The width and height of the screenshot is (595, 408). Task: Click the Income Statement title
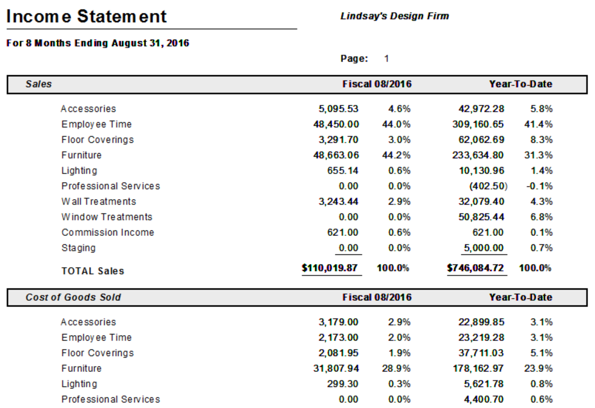coord(87,16)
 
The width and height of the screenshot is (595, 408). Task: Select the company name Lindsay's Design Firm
coord(395,16)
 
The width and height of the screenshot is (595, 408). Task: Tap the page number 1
coord(386,59)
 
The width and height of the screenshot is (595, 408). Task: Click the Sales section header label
coord(39,84)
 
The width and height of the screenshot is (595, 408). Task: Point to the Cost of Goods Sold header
coord(73,297)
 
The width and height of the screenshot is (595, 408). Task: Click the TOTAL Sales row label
coord(93,271)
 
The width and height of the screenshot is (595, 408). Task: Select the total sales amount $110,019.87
coord(330,268)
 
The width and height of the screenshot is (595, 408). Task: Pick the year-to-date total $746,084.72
coord(476,268)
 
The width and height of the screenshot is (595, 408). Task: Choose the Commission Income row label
coord(108,232)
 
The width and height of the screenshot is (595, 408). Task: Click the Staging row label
coord(78,248)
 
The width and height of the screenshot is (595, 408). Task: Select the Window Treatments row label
coord(107,217)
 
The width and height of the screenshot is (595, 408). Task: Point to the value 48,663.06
coord(339,155)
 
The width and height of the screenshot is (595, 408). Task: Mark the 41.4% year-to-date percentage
coord(541,124)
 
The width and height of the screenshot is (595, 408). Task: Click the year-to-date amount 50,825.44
coord(481,217)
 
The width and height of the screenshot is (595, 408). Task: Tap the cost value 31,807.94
coord(339,368)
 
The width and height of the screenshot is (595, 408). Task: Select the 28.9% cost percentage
coord(399,368)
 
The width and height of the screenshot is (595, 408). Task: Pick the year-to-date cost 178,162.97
coord(481,368)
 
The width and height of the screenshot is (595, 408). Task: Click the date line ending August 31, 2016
coord(98,43)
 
